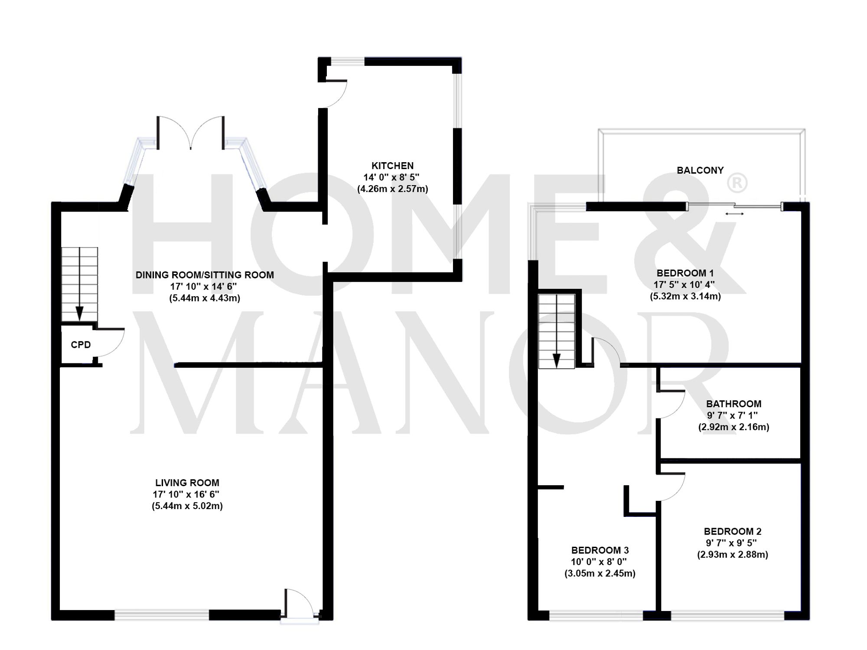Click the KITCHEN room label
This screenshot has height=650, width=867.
(392, 166)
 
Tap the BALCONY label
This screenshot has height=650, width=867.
(700, 170)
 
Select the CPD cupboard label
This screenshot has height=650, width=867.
(81, 345)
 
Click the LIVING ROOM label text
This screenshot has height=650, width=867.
(187, 483)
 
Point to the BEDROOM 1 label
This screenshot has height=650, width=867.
(685, 273)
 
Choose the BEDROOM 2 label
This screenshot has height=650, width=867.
(732, 531)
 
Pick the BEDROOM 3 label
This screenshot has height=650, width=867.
(600, 550)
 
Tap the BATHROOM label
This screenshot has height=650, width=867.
(733, 404)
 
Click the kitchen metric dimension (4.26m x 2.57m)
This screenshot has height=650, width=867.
(392, 189)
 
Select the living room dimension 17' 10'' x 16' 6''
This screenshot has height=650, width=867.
(186, 494)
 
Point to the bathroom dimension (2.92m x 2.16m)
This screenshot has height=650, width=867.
(733, 427)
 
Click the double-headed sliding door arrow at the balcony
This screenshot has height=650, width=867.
(734, 213)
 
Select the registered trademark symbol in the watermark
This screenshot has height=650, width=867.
(737, 183)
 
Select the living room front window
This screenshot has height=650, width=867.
(162, 615)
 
